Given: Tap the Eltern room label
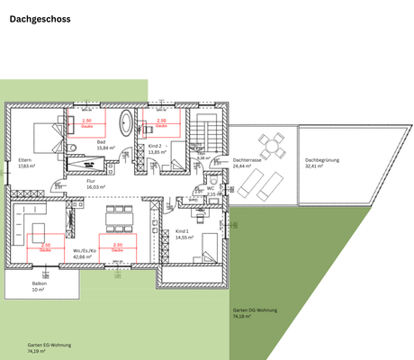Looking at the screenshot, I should click(25, 164).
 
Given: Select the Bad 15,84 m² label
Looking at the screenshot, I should click(102, 145).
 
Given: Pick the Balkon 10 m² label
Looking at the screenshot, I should click(38, 287).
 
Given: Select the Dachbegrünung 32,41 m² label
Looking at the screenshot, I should click(319, 163).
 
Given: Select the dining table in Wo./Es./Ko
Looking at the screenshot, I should click(118, 217).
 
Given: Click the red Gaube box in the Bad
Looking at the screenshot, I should click(86, 123).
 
